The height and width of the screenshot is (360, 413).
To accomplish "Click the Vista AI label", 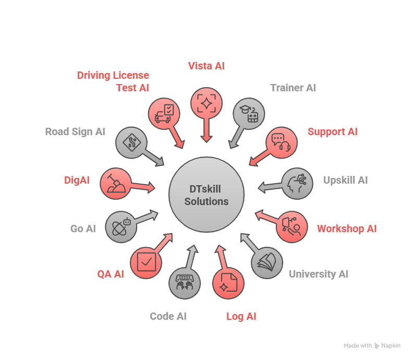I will click(206, 66).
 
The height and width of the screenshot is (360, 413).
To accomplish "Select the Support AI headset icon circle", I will click(282, 142).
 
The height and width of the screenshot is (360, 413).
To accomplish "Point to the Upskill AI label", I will click(345, 180).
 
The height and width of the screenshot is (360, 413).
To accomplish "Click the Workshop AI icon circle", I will click(291, 227).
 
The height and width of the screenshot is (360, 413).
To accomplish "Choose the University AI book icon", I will click(267, 262).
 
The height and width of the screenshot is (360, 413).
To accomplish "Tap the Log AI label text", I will click(241, 316).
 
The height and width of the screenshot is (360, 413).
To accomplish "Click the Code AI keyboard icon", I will click(185, 283).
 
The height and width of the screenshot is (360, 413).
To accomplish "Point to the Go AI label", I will click(83, 229).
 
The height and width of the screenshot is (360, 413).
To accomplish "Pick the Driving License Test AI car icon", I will click(164, 114).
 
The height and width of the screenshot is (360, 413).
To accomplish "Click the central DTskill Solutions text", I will click(207, 196).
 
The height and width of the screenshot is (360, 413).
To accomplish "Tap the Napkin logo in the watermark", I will click(377, 346).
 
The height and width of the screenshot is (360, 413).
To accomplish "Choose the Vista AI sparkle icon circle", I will click(207, 103).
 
